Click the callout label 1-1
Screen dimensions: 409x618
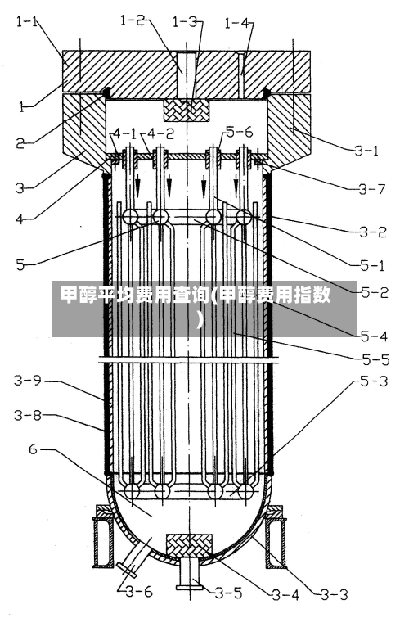pyautogui.click(x=28, y=21)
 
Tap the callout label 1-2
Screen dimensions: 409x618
pyautogui.click(x=133, y=20)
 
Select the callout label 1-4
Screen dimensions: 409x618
pyautogui.click(x=236, y=23)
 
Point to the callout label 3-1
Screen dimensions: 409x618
pyautogui.click(x=366, y=150)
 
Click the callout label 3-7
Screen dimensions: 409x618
pyautogui.click(x=371, y=190)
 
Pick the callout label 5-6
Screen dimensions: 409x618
pyautogui.click(x=240, y=132)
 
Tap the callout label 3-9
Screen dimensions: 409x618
pyautogui.click(x=27, y=380)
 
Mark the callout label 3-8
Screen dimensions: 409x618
pyautogui.click(x=28, y=415)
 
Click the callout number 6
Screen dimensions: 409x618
pyautogui.click(x=33, y=449)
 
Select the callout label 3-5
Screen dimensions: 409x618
pyautogui.click(x=228, y=593)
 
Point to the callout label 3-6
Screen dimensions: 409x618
pyautogui.click(x=139, y=591)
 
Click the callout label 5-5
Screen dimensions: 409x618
pyautogui.click(x=375, y=359)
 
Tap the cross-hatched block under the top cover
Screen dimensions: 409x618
pyautogui.click(x=187, y=111)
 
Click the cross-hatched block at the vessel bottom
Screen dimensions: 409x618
pyautogui.click(x=189, y=546)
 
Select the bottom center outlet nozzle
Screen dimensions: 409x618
pyautogui.click(x=190, y=573)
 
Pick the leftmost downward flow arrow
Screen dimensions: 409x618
pyautogui.click(x=138, y=187)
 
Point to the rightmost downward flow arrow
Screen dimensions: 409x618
pyautogui.click(x=236, y=187)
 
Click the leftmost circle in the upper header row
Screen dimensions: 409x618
pyautogui.click(x=130, y=217)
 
